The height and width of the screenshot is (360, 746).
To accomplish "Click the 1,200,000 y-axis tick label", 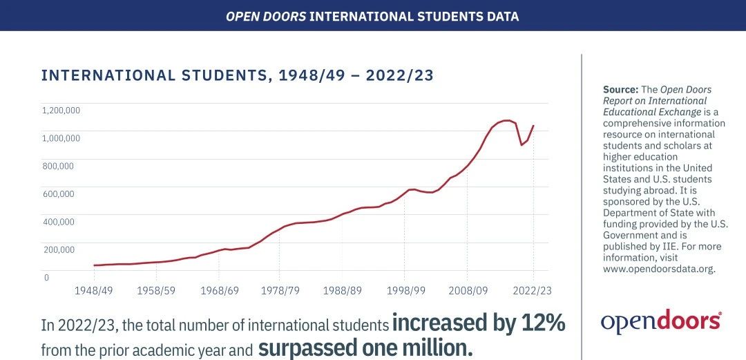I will click(61, 111).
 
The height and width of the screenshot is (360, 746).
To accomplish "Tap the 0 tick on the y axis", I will click(46, 278).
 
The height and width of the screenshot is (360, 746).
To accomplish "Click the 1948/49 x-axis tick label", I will click(93, 290).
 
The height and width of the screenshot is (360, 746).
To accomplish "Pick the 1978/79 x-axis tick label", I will click(280, 290).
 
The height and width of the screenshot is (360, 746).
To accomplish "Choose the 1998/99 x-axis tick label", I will click(405, 290).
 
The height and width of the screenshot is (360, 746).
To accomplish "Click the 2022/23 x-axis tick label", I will click(533, 290).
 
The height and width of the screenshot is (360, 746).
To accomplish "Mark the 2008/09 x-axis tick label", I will click(468, 290).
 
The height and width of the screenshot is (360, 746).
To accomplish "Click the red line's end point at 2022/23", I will click(533, 126).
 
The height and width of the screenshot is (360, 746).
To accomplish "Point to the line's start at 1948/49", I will click(94, 265).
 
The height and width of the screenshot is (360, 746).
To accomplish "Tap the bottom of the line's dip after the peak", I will click(522, 145).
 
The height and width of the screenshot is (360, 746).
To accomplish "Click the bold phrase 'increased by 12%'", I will click(479, 323).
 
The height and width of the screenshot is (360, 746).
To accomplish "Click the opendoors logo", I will click(661, 321).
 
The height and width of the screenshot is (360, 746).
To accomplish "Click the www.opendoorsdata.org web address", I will click(659, 269).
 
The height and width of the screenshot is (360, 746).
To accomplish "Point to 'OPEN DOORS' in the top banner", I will click(266, 15).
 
